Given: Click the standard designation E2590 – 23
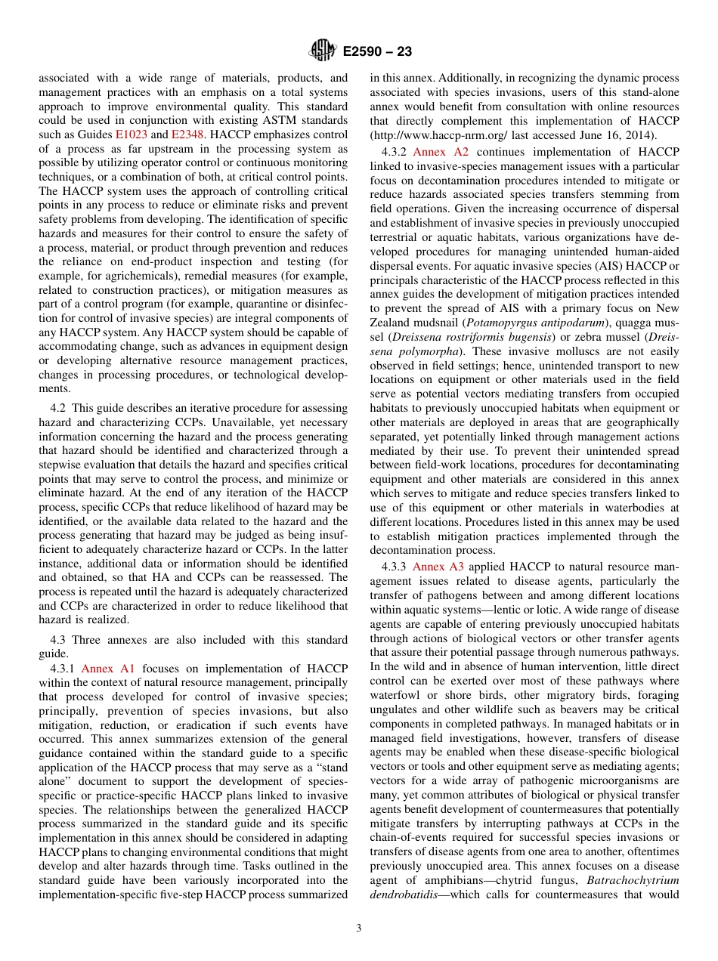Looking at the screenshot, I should pyautogui.click(x=376, y=52).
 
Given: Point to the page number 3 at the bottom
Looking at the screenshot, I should pyautogui.click(x=359, y=929).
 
